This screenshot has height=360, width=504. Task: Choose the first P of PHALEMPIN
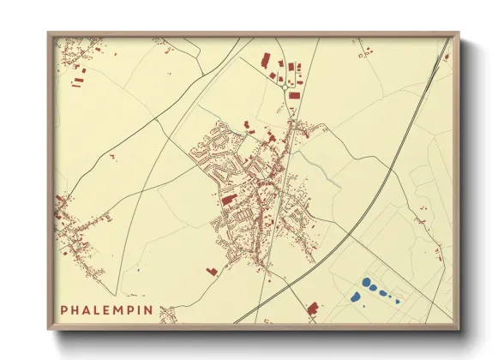64,309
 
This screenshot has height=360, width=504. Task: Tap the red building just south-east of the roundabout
295,95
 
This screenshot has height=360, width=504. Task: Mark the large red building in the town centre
229,200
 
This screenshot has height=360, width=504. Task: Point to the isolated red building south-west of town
212,271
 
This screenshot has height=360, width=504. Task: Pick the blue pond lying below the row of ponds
355,297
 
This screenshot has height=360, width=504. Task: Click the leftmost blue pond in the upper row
366,282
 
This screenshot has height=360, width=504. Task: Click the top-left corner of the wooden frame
48,33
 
